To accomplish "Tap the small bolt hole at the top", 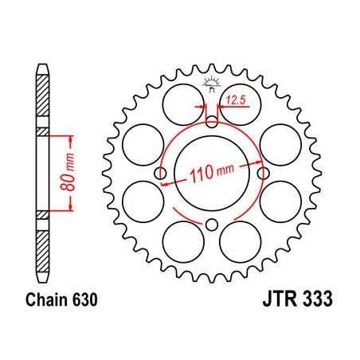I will pyautogui.click(x=212, y=121).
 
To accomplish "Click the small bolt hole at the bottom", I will pyautogui.click(x=212, y=225).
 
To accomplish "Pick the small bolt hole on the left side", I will pyautogui.click(x=160, y=173).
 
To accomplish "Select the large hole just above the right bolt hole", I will pyautogui.click(x=281, y=143).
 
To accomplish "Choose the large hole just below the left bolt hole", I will pyautogui.click(x=143, y=202).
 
